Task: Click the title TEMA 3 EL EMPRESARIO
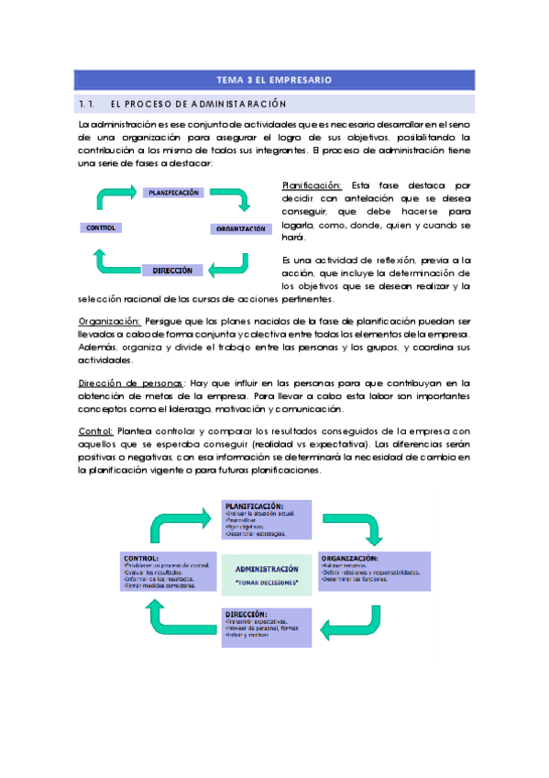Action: pos(274,80)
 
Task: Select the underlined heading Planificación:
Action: pos(312,185)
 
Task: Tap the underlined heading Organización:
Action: pos(108,322)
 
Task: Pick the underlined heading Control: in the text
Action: pos(95,431)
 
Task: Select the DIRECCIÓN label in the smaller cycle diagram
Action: pos(172,271)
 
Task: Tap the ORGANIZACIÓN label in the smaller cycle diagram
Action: pos(241,228)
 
